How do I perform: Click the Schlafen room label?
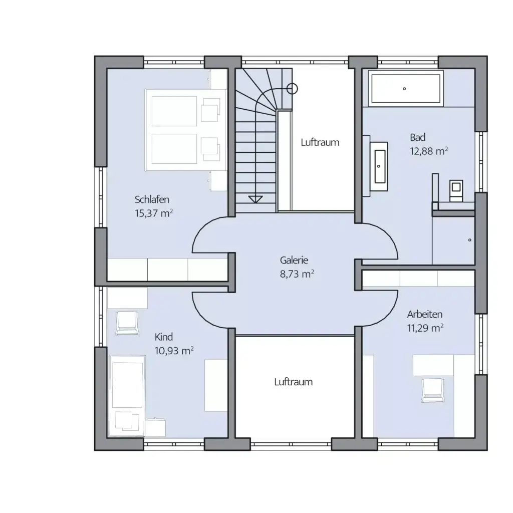pos(152,199)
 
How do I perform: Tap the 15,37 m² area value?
pos(154,213)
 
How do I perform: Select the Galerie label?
pos(294,260)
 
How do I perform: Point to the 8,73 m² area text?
pos(297,274)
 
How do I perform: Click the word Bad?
pos(417,137)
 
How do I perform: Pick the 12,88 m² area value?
pos(429,151)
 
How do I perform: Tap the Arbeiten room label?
pos(425,315)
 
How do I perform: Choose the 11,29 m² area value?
pos(425,328)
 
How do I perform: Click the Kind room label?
pos(164,337)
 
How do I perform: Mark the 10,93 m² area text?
pos(174,351)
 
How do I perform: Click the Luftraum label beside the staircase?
pos(320,143)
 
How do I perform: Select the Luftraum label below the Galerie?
pos(294,382)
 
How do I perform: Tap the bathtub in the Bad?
pos(406,88)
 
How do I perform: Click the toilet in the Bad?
pos(456,190)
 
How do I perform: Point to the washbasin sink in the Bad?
pos(380,166)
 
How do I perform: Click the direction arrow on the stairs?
pos(255,199)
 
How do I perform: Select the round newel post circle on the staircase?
pos(292,89)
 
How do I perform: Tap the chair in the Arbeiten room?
pos(432,390)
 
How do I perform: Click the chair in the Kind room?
pos(127,323)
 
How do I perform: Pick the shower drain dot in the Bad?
pos(470,240)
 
